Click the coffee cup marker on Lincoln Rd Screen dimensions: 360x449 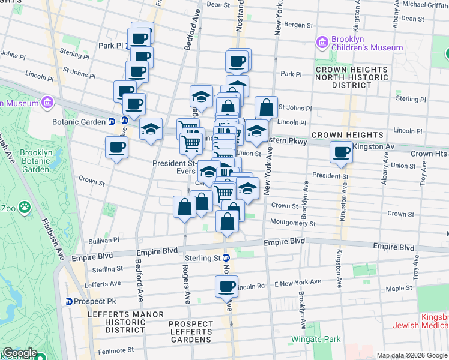click(x=226, y=286)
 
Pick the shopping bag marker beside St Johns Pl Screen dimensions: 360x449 click(x=266, y=108)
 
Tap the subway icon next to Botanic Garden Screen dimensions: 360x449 click(x=112, y=121)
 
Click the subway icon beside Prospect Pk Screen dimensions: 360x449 click(x=69, y=301)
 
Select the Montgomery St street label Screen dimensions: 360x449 click(x=293, y=223)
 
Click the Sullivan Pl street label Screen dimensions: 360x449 click(x=104, y=239)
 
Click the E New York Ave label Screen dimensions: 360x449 click(x=298, y=282)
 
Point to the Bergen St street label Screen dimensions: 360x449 click(x=298, y=25)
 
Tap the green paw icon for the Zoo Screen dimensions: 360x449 click(x=25, y=208)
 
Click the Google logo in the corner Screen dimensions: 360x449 click(x=20, y=353)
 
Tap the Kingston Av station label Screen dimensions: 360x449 click(x=373, y=146)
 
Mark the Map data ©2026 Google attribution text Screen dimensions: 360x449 click(x=412, y=355)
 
